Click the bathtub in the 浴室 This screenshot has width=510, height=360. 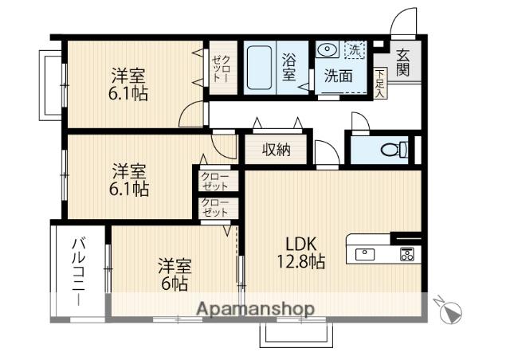tap(261, 67)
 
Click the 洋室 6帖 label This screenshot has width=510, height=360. tap(174, 273)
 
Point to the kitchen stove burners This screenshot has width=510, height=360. tap(406, 255)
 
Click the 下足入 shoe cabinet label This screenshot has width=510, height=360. tap(380, 82)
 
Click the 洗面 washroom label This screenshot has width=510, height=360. tap(338, 76)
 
